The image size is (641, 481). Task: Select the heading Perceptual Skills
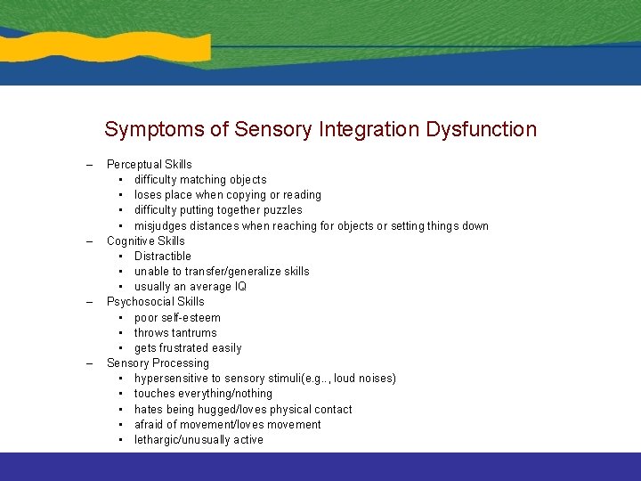pyautogui.click(x=149, y=164)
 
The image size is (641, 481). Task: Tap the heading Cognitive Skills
pyautogui.click(x=145, y=240)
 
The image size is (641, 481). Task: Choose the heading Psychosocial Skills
pyautogui.click(x=155, y=302)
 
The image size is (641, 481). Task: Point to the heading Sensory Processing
pyautogui.click(x=158, y=363)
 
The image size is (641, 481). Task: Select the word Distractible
pyautogui.click(x=162, y=257)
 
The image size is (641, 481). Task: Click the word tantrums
pyautogui.click(x=195, y=333)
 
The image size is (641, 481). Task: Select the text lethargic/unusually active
pyautogui.click(x=199, y=440)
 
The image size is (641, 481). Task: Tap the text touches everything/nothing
pyautogui.click(x=203, y=394)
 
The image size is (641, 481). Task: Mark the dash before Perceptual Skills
pyautogui.click(x=89, y=165)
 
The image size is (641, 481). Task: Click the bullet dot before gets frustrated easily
pyautogui.click(x=120, y=348)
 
